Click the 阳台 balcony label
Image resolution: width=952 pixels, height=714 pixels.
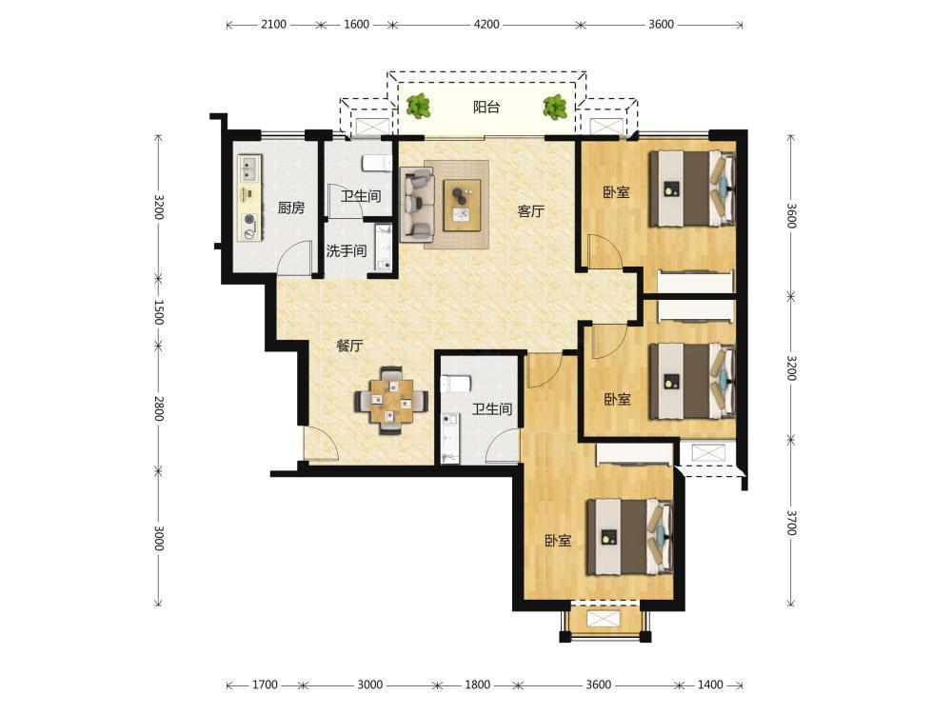coord(486,108)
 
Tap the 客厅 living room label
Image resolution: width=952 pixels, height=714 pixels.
coord(530,211)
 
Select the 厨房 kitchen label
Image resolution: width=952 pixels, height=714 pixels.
coord(290,208)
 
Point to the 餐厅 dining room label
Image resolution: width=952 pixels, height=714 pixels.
coord(349,347)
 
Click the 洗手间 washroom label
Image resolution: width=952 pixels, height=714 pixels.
coord(347,250)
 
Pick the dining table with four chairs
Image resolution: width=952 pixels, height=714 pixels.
coord(391,400)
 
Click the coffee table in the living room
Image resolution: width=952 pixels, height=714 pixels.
coord(462,206)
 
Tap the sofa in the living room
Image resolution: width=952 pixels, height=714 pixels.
coord(417,205)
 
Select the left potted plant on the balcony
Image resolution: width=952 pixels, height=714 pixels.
coord(418,107)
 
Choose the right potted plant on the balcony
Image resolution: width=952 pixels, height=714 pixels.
coord(555,107)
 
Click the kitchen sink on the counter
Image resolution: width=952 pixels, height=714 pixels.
coord(249,169)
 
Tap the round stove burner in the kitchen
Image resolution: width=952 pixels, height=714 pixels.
coord(248,220)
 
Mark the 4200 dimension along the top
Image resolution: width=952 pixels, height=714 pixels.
coord(486,25)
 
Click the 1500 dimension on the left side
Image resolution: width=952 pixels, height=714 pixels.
coord(158,312)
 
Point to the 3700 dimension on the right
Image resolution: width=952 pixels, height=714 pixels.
coord(791,523)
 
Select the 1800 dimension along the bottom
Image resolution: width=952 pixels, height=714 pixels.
coord(477,684)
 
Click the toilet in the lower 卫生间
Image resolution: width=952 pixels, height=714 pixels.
coord(455,384)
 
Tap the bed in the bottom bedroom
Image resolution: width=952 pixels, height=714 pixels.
coord(630,537)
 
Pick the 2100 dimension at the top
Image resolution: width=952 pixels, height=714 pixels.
coord(273,25)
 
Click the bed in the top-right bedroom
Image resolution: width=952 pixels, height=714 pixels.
coord(693,188)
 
